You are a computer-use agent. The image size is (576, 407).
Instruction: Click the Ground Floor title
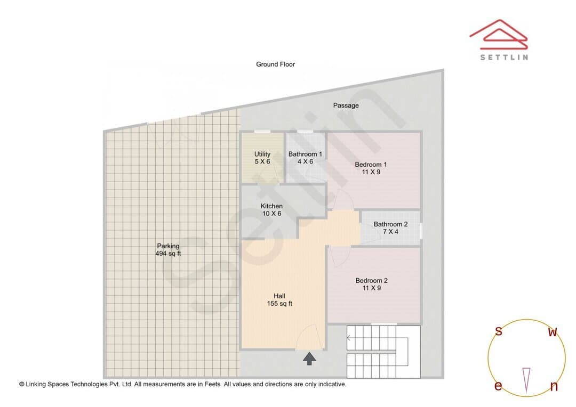(276, 64)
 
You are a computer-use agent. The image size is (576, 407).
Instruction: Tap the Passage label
(346, 105)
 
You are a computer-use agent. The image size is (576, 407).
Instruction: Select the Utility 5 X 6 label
(262, 158)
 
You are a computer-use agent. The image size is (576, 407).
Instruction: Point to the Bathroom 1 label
(305, 158)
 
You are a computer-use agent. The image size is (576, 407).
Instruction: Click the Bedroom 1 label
(371, 168)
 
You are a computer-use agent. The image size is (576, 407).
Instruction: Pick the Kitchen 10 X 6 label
(271, 210)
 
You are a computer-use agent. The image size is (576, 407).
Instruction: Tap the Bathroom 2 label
(390, 228)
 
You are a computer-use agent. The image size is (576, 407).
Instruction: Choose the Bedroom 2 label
(371, 284)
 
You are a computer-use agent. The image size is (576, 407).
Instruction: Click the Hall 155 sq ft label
(279, 300)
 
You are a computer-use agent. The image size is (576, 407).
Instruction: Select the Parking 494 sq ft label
(168, 249)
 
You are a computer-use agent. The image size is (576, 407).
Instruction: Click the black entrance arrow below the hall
(309, 359)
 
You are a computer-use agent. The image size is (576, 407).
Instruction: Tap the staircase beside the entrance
(383, 352)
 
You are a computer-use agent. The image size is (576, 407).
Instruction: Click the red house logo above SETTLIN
(499, 35)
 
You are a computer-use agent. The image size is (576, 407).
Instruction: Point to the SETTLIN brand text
(505, 57)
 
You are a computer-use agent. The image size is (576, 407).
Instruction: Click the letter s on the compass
(499, 331)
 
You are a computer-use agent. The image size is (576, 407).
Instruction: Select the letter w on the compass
(553, 332)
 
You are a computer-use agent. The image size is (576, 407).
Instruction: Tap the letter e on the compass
(498, 386)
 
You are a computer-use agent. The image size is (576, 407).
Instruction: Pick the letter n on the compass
(554, 386)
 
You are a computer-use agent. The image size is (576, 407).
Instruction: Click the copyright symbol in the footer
(22, 384)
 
